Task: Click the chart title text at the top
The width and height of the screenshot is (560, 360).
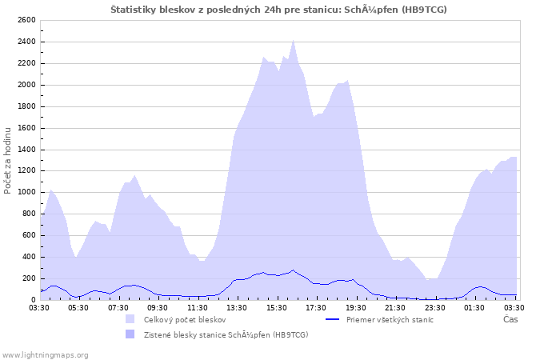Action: click(x=278, y=10)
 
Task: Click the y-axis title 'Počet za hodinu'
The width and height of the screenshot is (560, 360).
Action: click(x=8, y=160)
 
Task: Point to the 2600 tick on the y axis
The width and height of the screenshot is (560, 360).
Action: click(x=26, y=20)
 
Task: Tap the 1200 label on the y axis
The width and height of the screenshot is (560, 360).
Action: click(x=26, y=170)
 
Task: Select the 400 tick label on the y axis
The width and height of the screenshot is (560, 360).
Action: click(x=29, y=257)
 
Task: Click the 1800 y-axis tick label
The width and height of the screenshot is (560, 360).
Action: click(x=26, y=106)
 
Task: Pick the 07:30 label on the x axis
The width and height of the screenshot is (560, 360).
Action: click(x=118, y=307)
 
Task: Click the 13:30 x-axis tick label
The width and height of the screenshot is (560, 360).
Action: click(x=237, y=307)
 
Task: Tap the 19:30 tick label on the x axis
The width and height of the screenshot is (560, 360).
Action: click(x=355, y=307)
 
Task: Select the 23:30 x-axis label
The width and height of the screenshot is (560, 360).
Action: click(x=434, y=307)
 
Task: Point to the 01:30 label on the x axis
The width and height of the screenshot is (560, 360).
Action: click(x=474, y=307)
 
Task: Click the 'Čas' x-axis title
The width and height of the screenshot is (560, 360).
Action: click(x=510, y=319)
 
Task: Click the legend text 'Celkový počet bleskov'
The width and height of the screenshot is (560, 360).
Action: click(x=185, y=319)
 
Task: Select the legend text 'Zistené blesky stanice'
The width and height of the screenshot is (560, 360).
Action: click(x=226, y=334)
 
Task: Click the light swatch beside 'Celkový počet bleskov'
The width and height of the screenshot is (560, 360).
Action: click(x=130, y=319)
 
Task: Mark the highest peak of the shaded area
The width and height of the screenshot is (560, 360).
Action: click(x=294, y=39)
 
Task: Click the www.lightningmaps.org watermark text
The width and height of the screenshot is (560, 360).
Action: click(x=45, y=354)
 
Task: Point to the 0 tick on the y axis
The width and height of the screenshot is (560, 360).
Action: click(x=34, y=300)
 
